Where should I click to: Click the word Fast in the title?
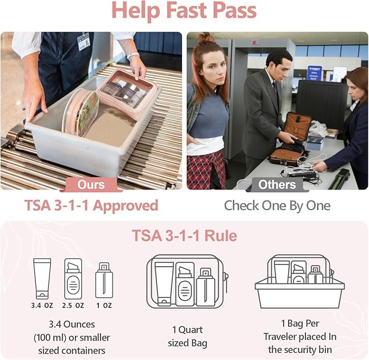(187, 10)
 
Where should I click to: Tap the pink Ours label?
(91, 185)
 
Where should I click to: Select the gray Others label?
(277, 185)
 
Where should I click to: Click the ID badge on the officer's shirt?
(84, 41)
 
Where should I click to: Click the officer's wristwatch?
(133, 55)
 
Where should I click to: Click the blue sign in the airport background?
(315, 73)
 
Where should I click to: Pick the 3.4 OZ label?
(42, 306)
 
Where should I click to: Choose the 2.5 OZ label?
(73, 306)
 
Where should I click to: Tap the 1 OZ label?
(104, 306)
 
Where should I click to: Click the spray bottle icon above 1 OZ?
(104, 280)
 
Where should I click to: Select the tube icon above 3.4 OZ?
(42, 279)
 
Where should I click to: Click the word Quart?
(191, 330)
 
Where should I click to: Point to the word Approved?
(126, 206)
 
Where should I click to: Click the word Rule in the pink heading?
(221, 235)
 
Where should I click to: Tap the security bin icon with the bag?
(299, 282)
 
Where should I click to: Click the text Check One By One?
(277, 206)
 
